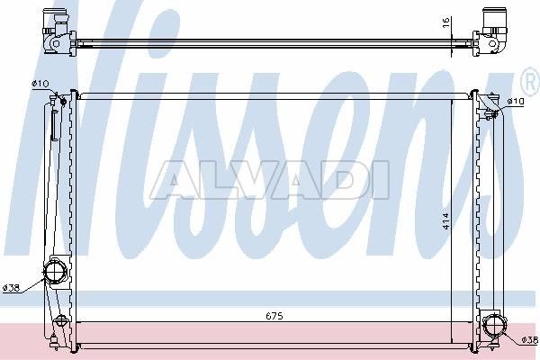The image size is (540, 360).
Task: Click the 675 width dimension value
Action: point(274,316)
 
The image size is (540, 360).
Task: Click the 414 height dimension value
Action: point(446,221)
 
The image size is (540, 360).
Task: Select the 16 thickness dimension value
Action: point(446,22)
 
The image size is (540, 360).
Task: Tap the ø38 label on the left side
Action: point(11,288)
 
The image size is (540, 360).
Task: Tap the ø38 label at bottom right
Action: point(530,340)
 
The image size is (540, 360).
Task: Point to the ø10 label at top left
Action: point(40,84)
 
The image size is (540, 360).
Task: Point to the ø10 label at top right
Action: point(516,102)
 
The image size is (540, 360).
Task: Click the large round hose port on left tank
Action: point(55,271)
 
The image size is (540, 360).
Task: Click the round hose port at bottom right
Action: point(495,324)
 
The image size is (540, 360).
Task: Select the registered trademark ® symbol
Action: point(532,82)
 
